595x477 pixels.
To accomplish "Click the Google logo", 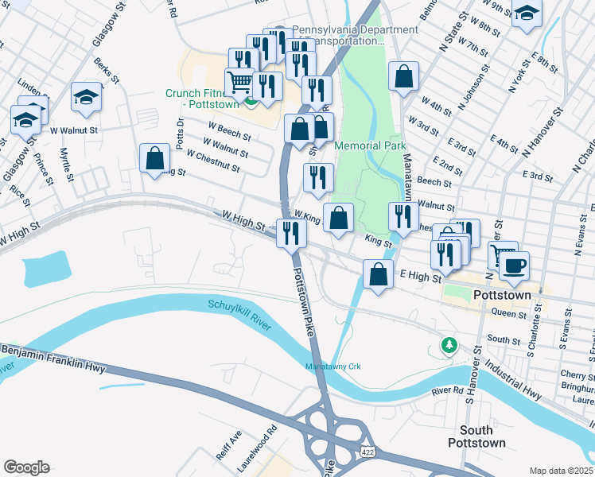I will point(26,467).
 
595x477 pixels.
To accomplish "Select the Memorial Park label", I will point(370,145).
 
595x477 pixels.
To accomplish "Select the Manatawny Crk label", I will point(332,366).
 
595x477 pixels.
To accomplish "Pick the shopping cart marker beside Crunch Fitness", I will point(240,82).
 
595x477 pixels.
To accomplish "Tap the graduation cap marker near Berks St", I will point(86,97).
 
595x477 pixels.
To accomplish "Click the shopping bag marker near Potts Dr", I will point(154,157).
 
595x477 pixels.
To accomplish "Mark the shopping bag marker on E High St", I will point(377,274).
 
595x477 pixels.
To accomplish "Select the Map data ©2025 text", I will point(560,470).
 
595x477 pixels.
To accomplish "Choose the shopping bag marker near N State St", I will point(404,77).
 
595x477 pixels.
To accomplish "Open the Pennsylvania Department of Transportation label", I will point(354,35).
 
